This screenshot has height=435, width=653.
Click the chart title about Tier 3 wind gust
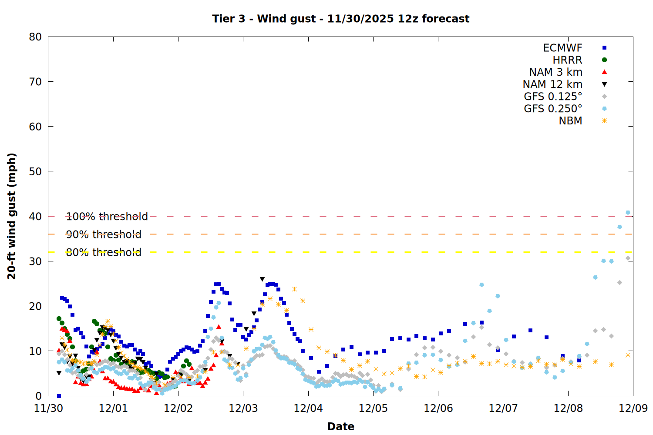(340, 19)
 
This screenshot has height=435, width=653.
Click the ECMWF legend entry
(562, 48)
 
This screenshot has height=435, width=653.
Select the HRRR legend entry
(567, 60)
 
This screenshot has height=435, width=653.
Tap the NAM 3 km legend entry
(555, 72)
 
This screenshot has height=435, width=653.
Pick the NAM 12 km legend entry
(552, 84)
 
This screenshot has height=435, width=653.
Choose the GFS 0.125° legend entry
(553, 97)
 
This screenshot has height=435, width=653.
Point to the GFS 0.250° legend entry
(553, 109)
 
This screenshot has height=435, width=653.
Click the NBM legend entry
(570, 121)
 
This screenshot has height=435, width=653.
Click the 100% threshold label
(107, 216)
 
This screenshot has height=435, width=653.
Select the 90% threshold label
(104, 234)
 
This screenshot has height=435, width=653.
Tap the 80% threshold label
(104, 252)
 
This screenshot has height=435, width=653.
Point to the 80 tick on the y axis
(35, 37)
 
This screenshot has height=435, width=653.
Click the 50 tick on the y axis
(35, 171)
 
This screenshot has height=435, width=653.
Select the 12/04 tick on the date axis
(308, 408)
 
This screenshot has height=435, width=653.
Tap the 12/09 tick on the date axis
(633, 408)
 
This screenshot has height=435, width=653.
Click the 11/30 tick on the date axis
(48, 408)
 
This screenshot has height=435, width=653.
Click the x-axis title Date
(340, 426)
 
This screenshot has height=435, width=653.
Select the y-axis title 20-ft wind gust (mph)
(12, 216)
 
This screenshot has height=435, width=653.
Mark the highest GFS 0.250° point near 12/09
(628, 213)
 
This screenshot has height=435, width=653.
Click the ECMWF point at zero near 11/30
(59, 396)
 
